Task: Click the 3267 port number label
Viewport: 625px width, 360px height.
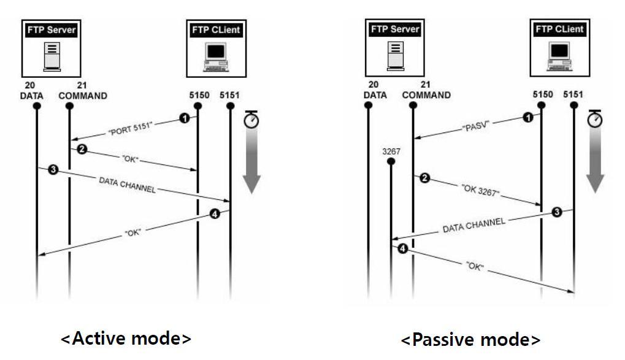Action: pyautogui.click(x=391, y=150)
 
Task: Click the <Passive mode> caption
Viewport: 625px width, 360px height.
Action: pyautogui.click(x=470, y=340)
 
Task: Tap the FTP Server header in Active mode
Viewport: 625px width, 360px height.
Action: pyautogui.click(x=52, y=29)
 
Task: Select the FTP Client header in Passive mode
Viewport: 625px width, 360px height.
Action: pyautogui.click(x=559, y=29)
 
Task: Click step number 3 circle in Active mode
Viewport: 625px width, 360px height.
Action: pyautogui.click(x=53, y=170)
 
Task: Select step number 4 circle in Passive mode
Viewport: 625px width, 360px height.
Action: pyautogui.click(x=402, y=249)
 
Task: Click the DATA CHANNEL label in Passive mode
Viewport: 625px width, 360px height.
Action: pyautogui.click(x=475, y=225)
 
